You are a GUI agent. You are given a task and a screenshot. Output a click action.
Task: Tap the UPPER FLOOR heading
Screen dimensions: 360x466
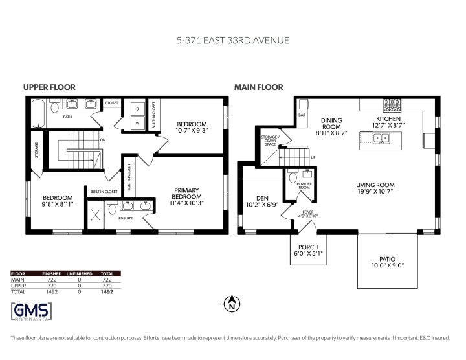pyautogui.click(x=49, y=87)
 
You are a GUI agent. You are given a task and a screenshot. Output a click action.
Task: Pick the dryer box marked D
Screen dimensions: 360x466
pyautogui.click(x=137, y=108)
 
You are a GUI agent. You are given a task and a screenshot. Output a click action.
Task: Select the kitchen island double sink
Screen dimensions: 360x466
pyautogui.click(x=381, y=137)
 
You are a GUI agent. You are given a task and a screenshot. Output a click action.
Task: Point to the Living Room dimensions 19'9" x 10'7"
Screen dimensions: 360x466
pyautogui.click(x=372, y=192)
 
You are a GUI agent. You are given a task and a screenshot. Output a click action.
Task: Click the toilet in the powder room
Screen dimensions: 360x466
pyautogui.click(x=293, y=176)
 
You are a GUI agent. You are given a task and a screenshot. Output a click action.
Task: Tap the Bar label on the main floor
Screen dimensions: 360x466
pyautogui.click(x=302, y=115)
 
